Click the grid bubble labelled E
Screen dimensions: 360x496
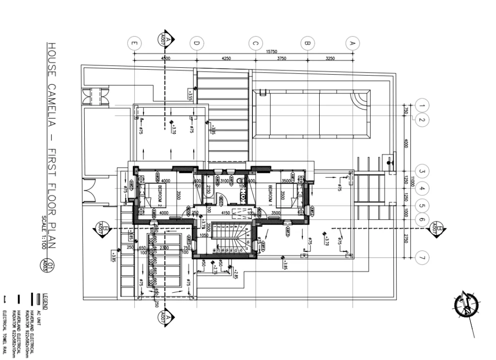coord(134,43)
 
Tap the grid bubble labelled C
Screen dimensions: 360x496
coord(255,43)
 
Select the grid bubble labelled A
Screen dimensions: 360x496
coord(353,43)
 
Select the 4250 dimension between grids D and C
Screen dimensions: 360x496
coord(226,59)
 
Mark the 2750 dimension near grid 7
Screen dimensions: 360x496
coord(406,238)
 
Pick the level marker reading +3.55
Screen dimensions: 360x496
coord(190,94)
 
